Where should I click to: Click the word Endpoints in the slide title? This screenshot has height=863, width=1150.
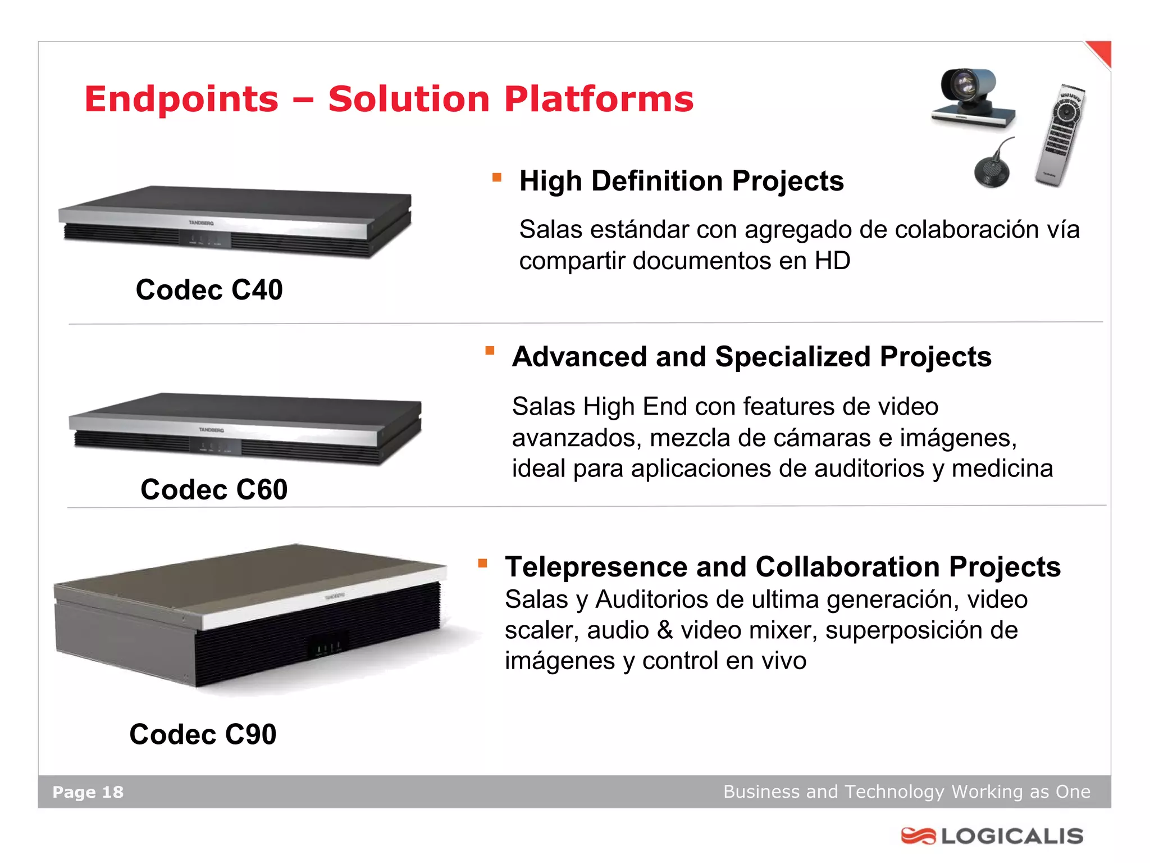tap(181, 99)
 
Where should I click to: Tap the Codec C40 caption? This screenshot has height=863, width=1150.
tap(209, 290)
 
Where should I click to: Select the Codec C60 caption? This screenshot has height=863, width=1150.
tap(214, 489)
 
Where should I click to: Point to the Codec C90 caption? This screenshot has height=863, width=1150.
tap(203, 734)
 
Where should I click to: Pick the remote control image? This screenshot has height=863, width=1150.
tap(1061, 135)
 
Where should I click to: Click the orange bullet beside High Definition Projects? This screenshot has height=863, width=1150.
tap(496, 178)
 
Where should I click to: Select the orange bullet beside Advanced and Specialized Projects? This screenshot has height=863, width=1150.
tap(490, 351)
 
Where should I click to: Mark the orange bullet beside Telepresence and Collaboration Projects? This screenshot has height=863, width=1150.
tap(482, 563)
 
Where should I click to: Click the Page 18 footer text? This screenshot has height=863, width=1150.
tap(88, 792)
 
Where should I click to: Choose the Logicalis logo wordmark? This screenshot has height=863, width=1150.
tap(1012, 836)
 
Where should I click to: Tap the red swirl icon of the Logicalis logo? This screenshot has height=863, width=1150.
tap(918, 836)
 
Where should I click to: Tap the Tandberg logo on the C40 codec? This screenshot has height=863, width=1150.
tap(201, 223)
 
